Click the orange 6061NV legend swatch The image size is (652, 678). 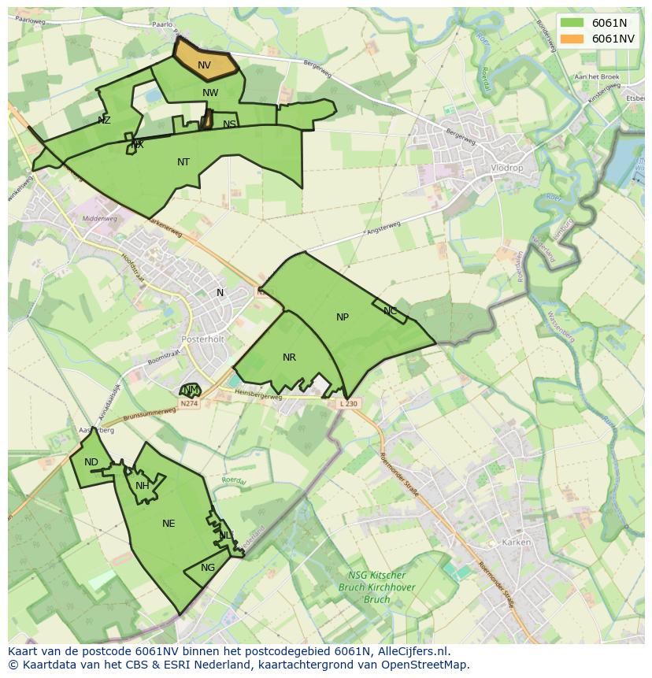[572, 39]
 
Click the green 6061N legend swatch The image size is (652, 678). [572, 23]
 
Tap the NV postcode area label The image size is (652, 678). [204, 65]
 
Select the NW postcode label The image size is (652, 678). [210, 93]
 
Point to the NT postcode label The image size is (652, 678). [183, 162]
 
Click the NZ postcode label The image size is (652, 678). [104, 120]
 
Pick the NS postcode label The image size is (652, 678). [229, 124]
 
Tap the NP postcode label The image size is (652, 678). [343, 317]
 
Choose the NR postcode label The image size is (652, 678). [289, 358]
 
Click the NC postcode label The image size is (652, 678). [391, 311]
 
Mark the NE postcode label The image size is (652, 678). [169, 524]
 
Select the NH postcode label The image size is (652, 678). [143, 486]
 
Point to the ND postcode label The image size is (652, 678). [91, 462]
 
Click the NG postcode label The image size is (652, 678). [208, 568]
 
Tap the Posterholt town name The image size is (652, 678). [203, 339]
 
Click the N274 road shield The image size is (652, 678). [188, 404]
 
